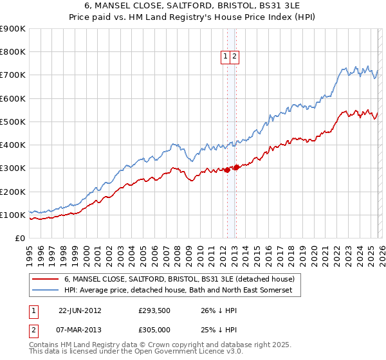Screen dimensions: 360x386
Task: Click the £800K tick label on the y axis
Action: tap(13, 52)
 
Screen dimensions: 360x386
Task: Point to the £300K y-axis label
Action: tap(13, 168)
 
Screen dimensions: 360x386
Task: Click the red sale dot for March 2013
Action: tap(235, 167)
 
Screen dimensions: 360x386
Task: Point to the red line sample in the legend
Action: tap(45, 279)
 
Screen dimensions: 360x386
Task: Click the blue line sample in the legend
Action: tap(45, 291)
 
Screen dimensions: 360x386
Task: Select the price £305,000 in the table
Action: tap(154, 330)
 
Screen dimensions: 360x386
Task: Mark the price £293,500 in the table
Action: tap(154, 309)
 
